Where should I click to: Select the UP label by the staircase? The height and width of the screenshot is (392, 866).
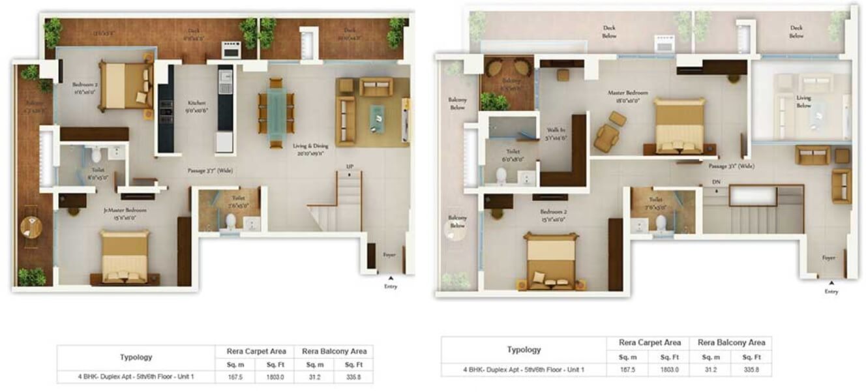350,168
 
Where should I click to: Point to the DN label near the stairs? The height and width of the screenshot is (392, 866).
715,182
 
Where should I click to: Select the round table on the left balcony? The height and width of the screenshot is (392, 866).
31,227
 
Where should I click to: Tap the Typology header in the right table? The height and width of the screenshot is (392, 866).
524,350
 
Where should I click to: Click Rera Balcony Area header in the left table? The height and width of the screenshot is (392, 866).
334,351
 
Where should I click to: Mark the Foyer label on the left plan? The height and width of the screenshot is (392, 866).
389,255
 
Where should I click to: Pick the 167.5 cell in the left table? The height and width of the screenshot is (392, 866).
235,376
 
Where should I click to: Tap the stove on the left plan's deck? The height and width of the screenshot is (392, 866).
231,50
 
